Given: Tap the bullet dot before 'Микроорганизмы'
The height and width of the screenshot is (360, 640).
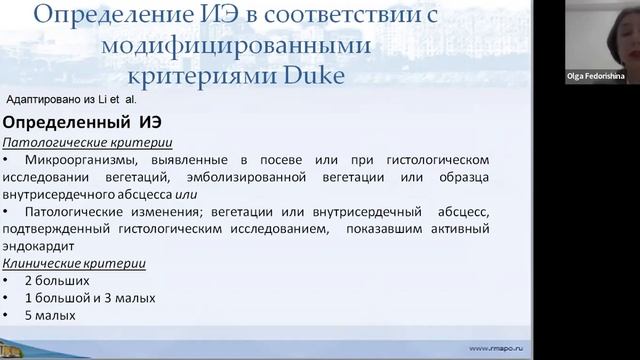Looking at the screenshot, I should point(9,159).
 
